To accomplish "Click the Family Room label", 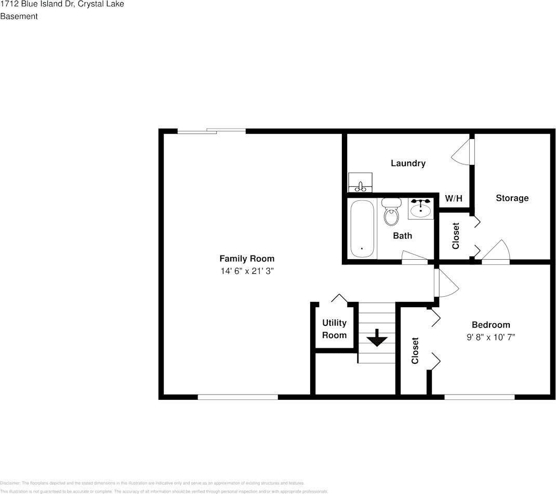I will tap(246, 259).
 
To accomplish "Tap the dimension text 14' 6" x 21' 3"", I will tap(246, 271).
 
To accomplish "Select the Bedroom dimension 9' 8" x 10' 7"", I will tap(491, 337).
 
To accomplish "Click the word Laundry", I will tap(408, 163).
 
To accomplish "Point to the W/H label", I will tap(453, 198).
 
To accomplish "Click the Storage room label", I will tap(512, 198).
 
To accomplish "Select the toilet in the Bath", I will tap(391, 212).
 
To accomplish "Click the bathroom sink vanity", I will tap(420, 209).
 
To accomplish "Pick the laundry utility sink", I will tap(360, 183).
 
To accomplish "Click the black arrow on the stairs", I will tap(377, 340).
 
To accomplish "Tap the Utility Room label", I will tap(334, 329).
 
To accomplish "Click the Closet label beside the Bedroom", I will tap(415, 351).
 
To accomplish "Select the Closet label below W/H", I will tap(456, 236).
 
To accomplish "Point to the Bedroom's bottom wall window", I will tap(479, 397).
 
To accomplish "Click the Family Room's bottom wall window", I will tap(237, 397).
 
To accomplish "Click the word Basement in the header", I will tap(19, 16).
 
